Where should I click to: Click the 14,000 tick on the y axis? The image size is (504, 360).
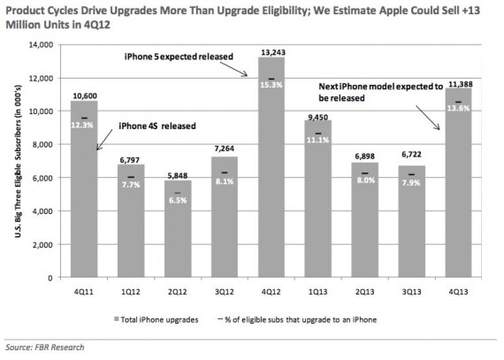point(43,45)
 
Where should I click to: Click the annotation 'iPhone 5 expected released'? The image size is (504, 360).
point(177,57)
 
